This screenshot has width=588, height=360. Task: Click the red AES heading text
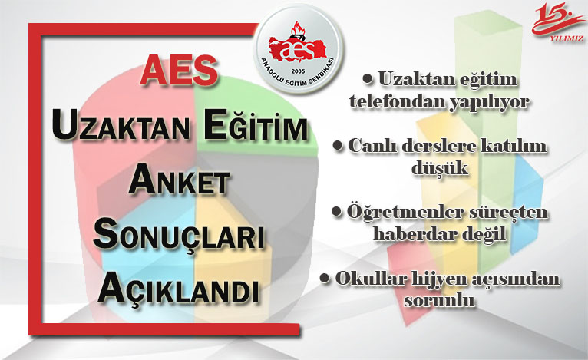(180, 70)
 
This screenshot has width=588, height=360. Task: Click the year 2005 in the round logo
(298, 71)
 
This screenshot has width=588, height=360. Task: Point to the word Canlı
(372, 147)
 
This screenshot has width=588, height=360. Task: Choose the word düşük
(440, 168)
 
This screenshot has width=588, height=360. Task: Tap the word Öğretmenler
(406, 213)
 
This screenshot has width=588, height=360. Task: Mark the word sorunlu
(439, 301)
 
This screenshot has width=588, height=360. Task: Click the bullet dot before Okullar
(325, 279)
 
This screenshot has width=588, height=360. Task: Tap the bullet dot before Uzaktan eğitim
(368, 79)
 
